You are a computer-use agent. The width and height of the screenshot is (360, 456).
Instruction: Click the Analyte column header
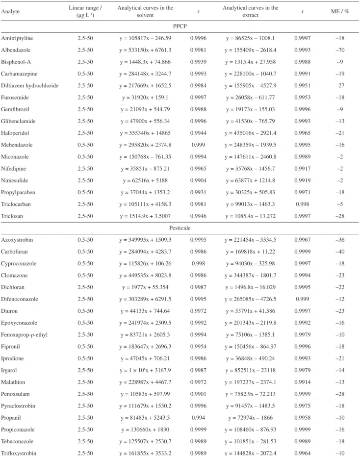[10, 11]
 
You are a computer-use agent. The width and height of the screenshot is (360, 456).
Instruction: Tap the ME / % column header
[340, 11]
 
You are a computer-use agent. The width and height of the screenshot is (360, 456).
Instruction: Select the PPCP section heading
[180, 26]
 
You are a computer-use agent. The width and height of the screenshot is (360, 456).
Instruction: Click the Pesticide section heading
[180, 228]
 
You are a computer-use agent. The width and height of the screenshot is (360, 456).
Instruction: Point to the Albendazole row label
[16, 50]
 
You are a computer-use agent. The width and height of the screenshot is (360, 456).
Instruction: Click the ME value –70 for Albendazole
[340, 50]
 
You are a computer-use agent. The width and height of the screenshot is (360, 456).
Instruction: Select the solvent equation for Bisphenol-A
[145, 62]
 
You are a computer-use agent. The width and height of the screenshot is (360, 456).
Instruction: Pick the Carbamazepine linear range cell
[85, 74]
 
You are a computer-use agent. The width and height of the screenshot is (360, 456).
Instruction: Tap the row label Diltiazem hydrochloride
[29, 85]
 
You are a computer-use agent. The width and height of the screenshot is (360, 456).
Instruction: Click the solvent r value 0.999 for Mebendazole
[198, 145]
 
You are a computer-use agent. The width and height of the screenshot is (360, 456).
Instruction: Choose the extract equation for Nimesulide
[250, 180]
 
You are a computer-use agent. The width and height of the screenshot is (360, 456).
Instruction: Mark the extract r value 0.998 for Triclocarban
[303, 204]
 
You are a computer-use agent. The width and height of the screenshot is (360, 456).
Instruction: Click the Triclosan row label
[12, 216]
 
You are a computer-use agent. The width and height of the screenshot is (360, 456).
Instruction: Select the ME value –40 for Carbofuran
[340, 252]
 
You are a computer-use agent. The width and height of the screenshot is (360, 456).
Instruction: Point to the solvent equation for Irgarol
[145, 370]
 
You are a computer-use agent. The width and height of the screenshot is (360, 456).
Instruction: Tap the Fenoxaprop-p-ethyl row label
[24, 335]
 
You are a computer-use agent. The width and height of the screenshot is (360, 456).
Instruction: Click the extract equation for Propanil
[250, 418]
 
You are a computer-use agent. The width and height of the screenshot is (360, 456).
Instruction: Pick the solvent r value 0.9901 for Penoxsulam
[198, 394]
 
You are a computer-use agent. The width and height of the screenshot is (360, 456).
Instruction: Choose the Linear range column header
[85, 11]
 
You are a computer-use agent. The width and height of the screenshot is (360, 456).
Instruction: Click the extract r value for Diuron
[303, 311]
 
